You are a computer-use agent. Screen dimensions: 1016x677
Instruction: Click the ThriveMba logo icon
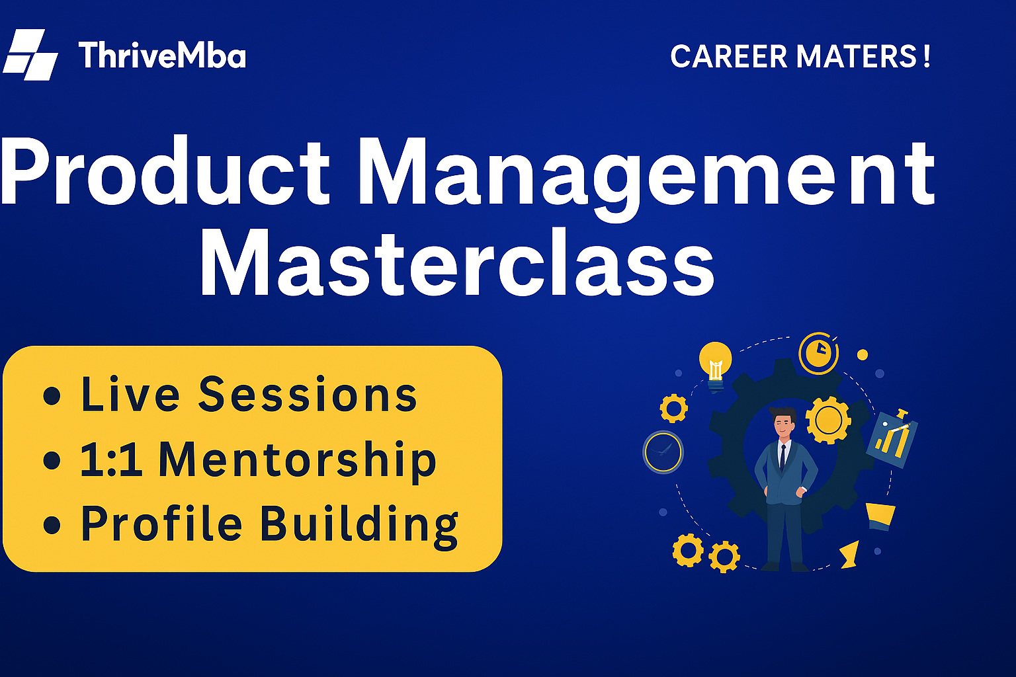pyautogui.click(x=30, y=55)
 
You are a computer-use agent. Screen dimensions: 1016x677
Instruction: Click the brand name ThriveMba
pyautogui.click(x=162, y=56)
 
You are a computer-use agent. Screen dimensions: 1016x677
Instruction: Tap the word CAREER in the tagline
pyautogui.click(x=729, y=57)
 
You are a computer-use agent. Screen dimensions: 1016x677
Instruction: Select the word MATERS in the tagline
pyautogui.click(x=857, y=57)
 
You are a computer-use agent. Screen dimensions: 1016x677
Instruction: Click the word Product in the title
pyautogui.click(x=165, y=171)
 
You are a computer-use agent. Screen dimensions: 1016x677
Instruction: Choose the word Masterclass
pyautogui.click(x=457, y=262)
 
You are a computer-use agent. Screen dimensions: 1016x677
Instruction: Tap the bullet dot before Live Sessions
pyautogui.click(x=52, y=396)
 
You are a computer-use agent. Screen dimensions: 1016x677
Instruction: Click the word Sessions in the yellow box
pyautogui.click(x=308, y=394)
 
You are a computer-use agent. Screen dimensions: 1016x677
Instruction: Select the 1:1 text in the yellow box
pyautogui.click(x=111, y=459)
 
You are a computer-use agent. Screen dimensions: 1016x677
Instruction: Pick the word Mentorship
pyautogui.click(x=298, y=461)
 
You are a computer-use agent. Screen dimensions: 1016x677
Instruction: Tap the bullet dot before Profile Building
pyautogui.click(x=52, y=525)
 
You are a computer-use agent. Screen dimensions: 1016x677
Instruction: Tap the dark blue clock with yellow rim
pyautogui.click(x=663, y=452)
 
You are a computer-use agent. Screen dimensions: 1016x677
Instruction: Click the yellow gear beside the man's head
pyautogui.click(x=827, y=420)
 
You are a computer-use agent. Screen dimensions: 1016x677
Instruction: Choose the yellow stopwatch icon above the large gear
pyautogui.click(x=819, y=354)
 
